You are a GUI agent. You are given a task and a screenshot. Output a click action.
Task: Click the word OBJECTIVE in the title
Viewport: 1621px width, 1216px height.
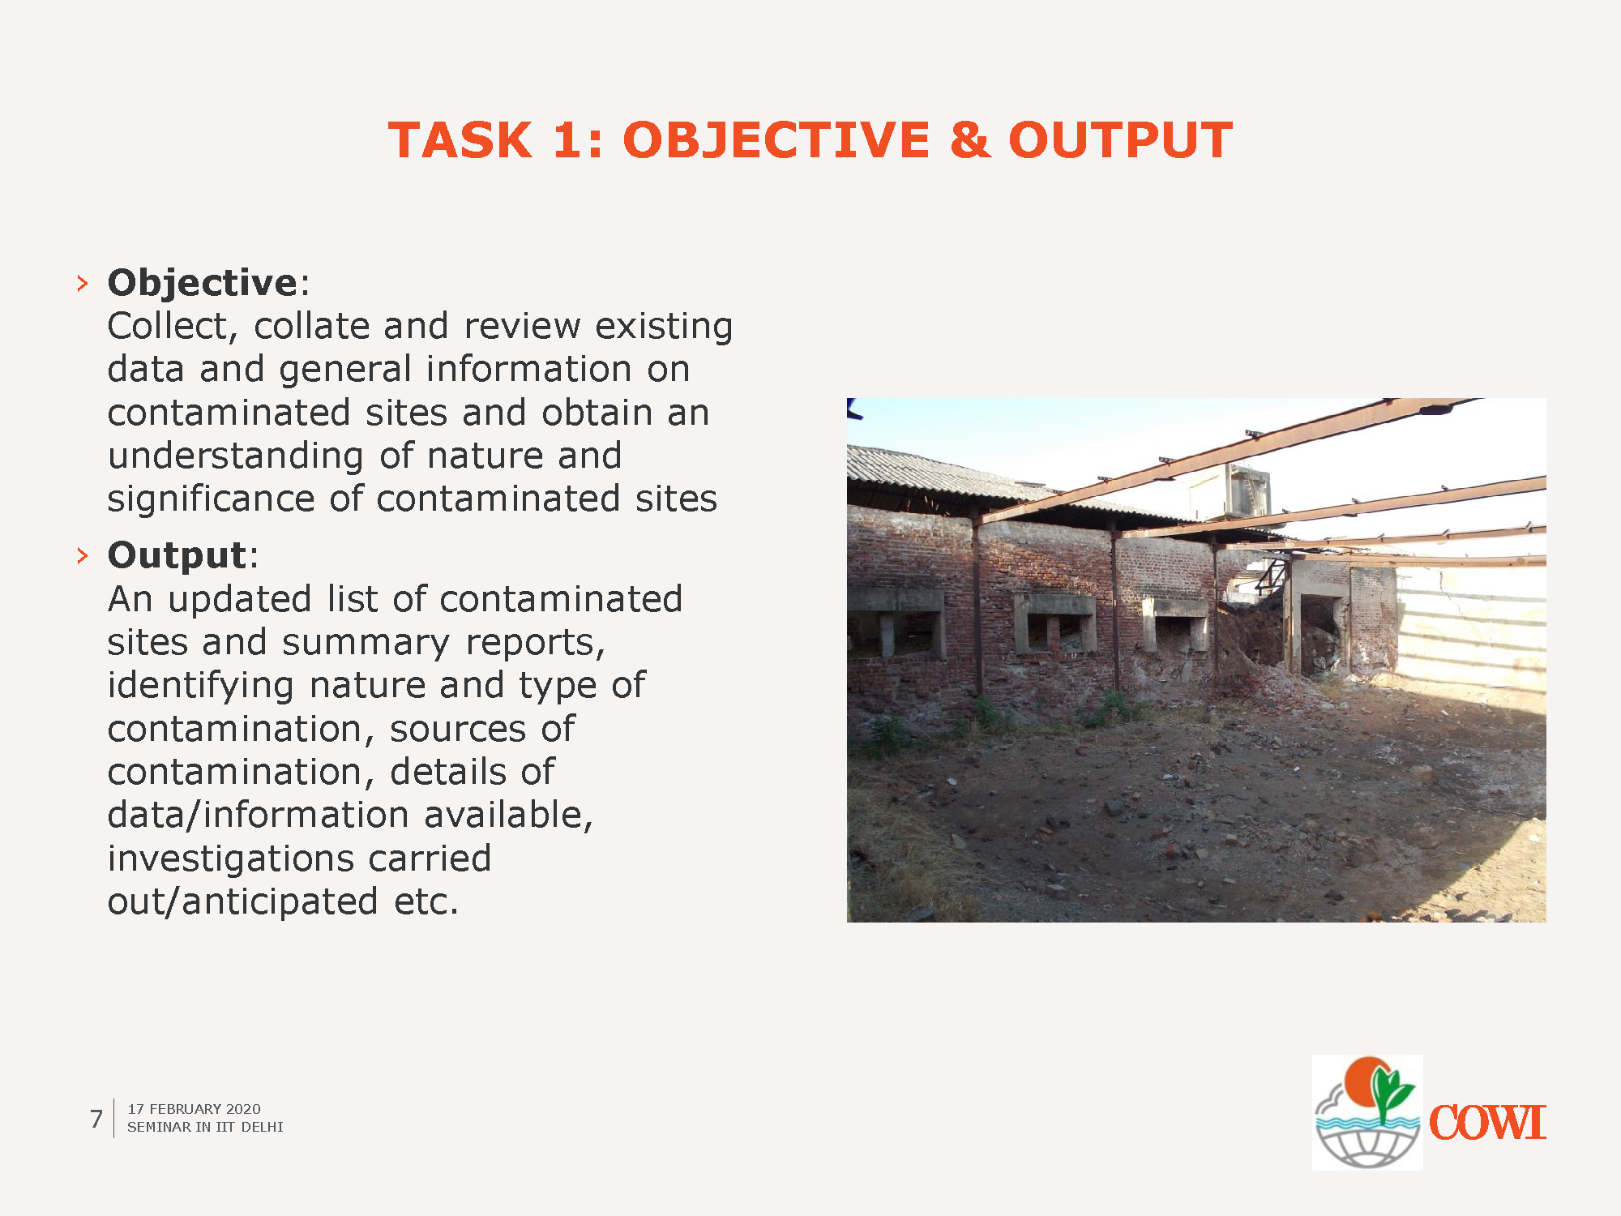pyautogui.click(x=776, y=140)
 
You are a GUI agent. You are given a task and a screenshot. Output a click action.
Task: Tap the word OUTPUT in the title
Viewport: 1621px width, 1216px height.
pyautogui.click(x=1120, y=140)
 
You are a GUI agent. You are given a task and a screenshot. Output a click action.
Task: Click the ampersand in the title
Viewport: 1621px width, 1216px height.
pyautogui.click(x=969, y=140)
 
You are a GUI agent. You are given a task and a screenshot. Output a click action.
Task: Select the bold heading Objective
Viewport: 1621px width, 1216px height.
pyautogui.click(x=203, y=284)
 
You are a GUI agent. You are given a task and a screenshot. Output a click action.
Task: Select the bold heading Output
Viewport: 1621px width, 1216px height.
pyautogui.click(x=177, y=555)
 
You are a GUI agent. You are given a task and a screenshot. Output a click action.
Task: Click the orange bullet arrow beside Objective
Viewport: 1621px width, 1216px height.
pyautogui.click(x=82, y=283)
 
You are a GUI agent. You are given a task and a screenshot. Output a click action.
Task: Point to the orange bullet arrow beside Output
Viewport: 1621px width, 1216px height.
pyautogui.click(x=82, y=555)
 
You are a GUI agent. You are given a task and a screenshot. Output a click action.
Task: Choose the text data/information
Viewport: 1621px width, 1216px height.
pyautogui.click(x=258, y=816)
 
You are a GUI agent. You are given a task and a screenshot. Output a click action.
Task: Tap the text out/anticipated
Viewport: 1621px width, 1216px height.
pyautogui.click(x=242, y=902)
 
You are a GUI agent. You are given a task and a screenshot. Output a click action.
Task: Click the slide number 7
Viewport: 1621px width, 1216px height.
pyautogui.click(x=96, y=1119)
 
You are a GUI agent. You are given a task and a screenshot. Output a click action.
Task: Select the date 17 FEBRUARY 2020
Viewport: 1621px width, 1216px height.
pyautogui.click(x=194, y=1109)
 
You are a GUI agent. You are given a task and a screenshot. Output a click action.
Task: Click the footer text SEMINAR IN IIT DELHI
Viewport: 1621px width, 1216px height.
pyautogui.click(x=205, y=1127)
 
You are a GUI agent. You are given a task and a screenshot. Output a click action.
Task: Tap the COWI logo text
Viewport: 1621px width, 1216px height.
pyautogui.click(x=1487, y=1124)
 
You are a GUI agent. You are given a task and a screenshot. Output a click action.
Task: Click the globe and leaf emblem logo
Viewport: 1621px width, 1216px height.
pyautogui.click(x=1367, y=1112)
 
